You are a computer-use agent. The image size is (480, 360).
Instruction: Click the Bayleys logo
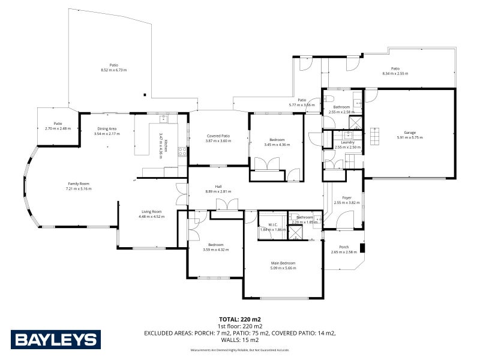[54, 340]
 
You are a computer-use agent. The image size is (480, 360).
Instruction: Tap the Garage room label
[410, 133]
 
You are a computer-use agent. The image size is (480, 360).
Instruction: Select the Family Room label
[78, 184]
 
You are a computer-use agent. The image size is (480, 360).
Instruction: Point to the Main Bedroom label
[284, 263]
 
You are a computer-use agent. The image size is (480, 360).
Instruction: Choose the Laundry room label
[347, 142]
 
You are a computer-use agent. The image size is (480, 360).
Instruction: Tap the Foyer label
[346, 198]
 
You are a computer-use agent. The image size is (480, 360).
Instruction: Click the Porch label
[344, 247]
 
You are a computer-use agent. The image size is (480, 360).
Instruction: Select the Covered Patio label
[218, 136]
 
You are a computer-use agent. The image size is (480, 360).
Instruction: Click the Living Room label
[151, 211]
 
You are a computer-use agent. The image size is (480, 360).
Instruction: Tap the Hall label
[218, 187]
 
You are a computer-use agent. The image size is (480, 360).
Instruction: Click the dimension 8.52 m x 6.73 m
[113, 70]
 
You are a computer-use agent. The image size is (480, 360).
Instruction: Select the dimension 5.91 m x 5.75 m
[410, 137]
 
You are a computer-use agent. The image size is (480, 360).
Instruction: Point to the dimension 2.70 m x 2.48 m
[58, 128]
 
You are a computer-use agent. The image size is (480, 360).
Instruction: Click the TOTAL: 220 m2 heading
[240, 319]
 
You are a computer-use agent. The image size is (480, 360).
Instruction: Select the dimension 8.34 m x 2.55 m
[395, 73]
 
